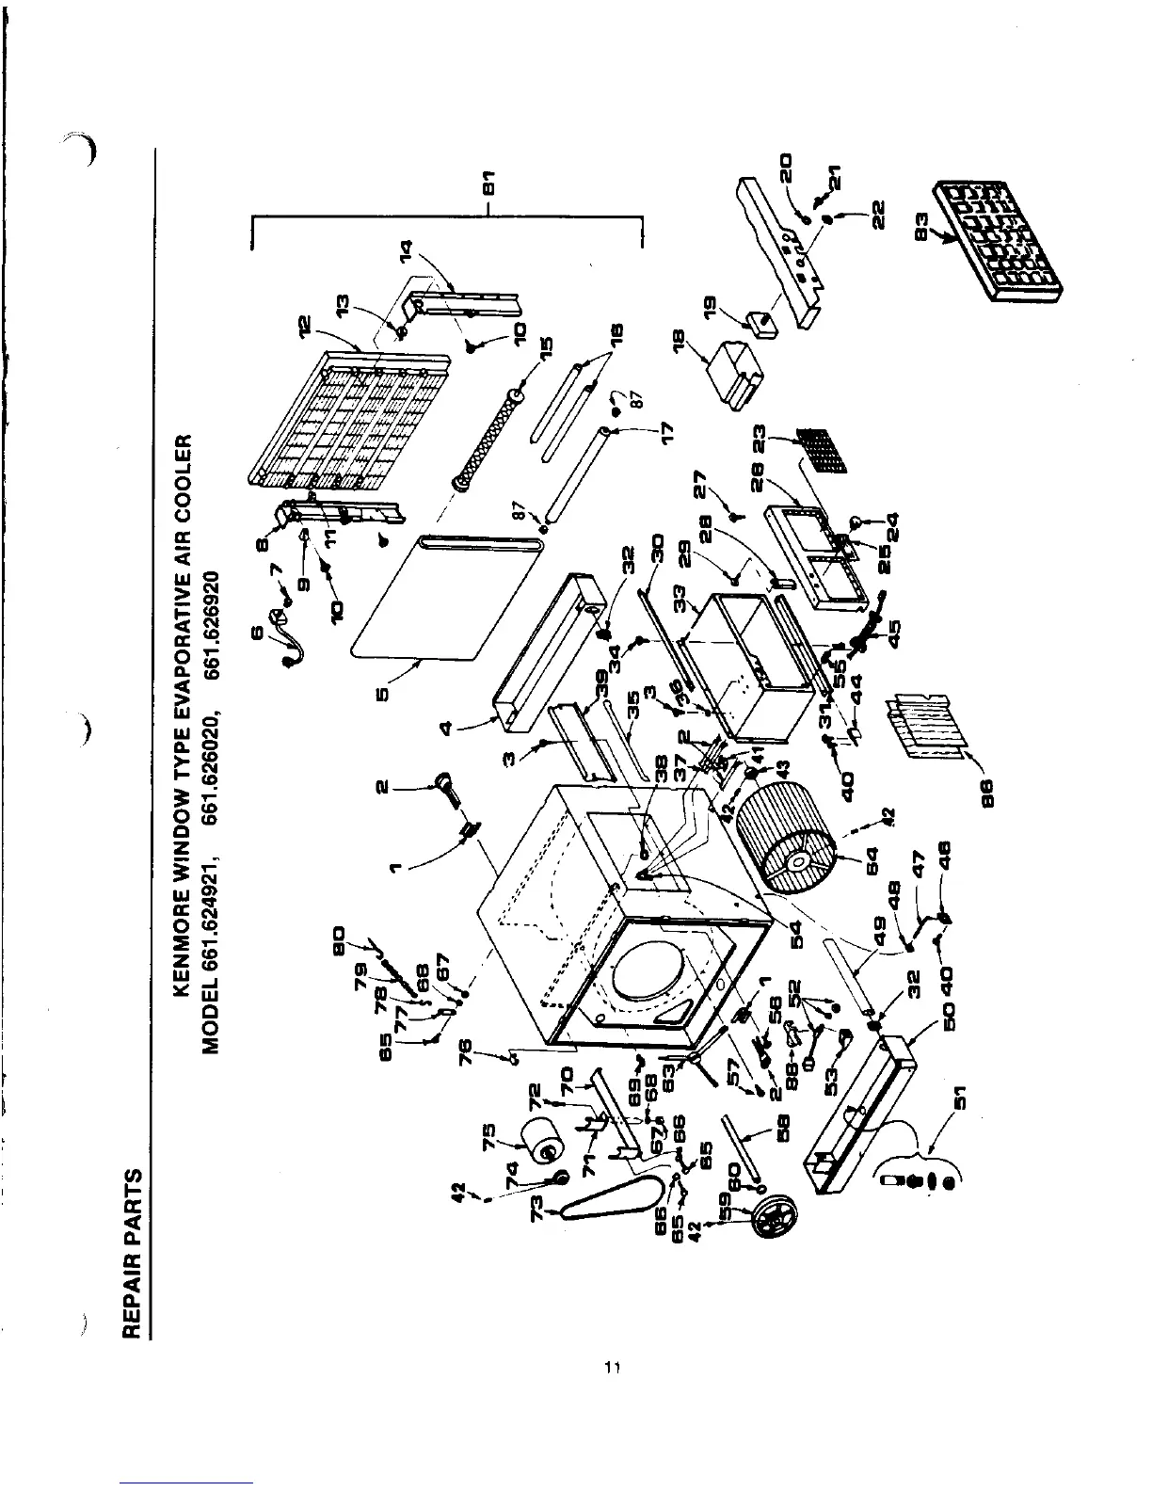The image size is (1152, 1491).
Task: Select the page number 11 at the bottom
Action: coord(609,1368)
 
